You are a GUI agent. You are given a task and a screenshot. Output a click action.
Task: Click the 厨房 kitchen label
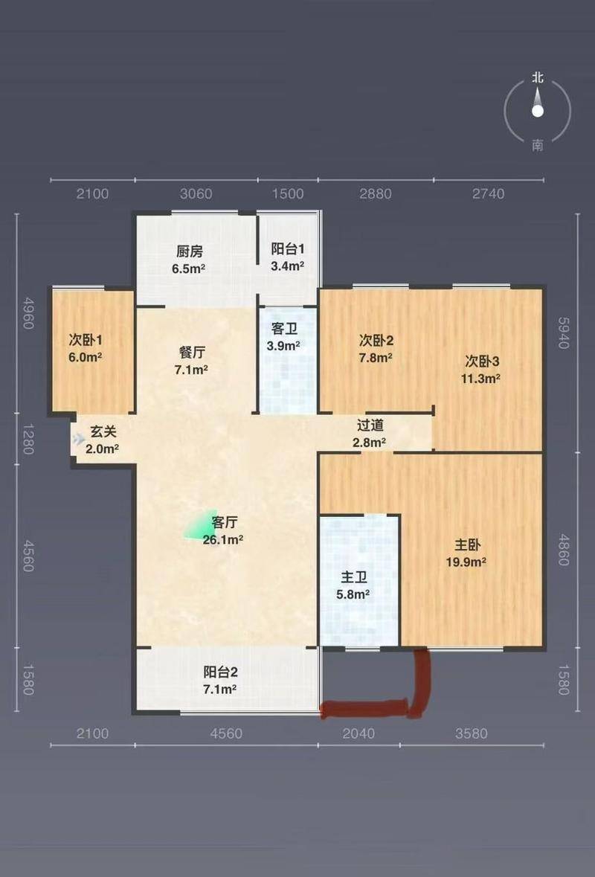tap(189, 251)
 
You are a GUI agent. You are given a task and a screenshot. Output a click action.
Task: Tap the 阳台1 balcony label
tap(287, 249)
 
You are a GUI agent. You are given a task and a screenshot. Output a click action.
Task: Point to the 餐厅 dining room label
tap(192, 353)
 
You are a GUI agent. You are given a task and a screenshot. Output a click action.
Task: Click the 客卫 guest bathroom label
tap(285, 328)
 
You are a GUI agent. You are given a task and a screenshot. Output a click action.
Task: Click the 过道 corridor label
tap(370, 425)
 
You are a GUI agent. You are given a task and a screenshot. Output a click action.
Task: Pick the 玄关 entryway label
tap(103, 431)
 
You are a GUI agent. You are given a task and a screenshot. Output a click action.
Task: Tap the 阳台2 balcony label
tap(220, 672)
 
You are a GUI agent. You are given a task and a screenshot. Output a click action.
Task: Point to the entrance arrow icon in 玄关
tap(79, 439)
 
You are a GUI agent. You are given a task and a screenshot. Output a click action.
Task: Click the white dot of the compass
tap(538, 112)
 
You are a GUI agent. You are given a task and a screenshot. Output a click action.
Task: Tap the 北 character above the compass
tap(538, 78)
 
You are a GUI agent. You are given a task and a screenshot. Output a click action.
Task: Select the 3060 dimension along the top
tap(196, 193)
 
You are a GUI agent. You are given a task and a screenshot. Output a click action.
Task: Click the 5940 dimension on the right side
tap(563, 333)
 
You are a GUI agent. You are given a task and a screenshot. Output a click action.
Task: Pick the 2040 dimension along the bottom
tap(358, 733)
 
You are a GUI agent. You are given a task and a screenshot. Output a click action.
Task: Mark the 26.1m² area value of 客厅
tap(222, 540)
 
